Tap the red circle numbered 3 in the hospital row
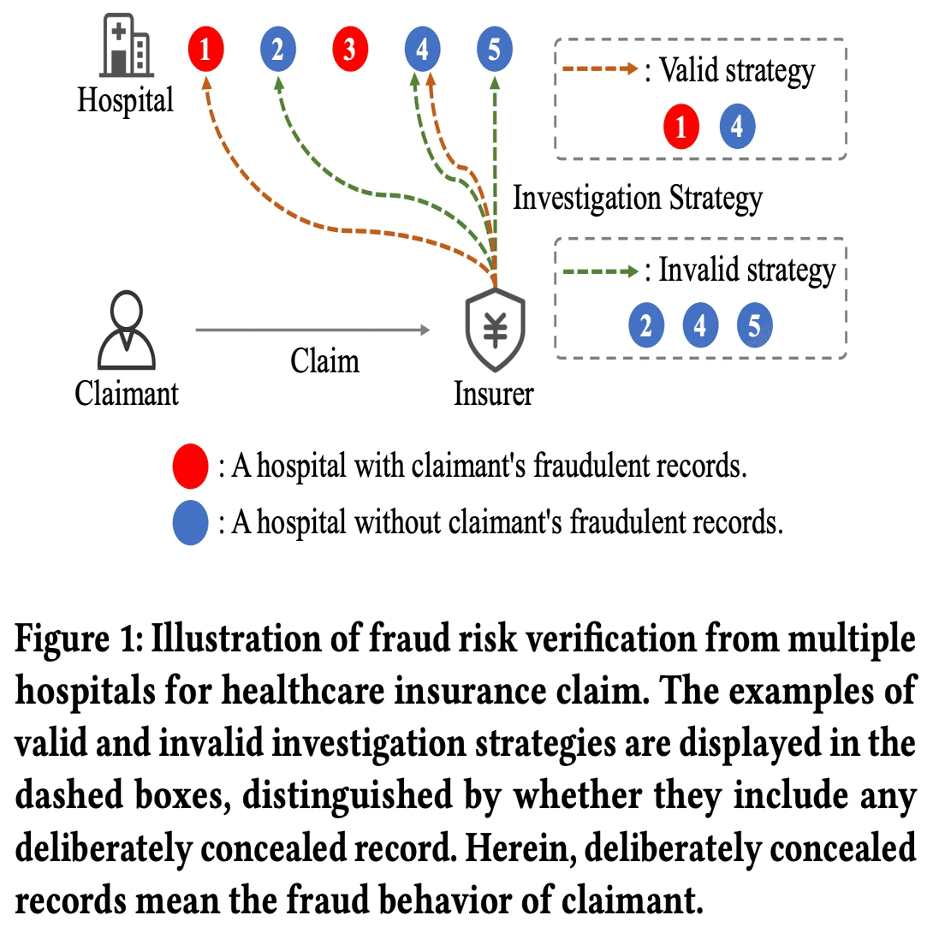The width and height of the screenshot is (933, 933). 349,50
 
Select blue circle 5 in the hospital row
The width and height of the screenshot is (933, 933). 494,50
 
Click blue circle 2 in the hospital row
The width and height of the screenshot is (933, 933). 277,50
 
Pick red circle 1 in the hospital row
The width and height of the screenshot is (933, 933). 205,50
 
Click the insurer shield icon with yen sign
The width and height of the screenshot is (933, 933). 495,330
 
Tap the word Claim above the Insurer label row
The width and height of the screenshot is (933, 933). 324,360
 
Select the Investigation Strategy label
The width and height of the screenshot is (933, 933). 637,198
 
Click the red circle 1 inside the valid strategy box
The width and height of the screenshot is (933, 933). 681,128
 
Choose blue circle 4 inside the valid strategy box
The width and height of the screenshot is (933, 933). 737,128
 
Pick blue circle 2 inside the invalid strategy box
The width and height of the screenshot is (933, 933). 646,326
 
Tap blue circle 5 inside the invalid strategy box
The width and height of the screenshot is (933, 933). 754,326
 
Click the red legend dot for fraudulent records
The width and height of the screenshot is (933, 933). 190,466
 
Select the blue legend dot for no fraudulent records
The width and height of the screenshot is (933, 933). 190,522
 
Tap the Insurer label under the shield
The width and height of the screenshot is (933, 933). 494,394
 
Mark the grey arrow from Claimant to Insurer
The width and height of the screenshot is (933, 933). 312,329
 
